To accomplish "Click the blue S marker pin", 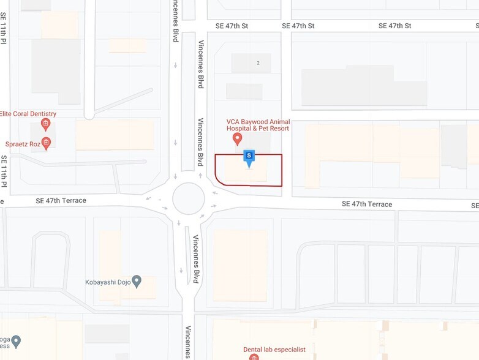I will click(x=249, y=157).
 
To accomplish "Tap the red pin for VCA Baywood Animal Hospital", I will click(x=238, y=139).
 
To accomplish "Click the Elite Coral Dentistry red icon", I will click(x=45, y=124).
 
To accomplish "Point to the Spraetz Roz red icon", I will click(x=45, y=143).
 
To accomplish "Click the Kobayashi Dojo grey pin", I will click(x=137, y=282).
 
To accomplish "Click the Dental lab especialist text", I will click(x=274, y=350).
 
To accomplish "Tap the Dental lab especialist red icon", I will click(x=254, y=357).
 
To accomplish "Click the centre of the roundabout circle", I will click(x=189, y=198).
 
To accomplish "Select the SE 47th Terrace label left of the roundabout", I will click(x=61, y=201).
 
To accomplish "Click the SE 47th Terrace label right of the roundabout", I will click(x=367, y=204).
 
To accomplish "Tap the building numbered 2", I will click(x=258, y=62).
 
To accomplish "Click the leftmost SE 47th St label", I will click(x=232, y=26).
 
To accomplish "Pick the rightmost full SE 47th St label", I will click(x=394, y=26).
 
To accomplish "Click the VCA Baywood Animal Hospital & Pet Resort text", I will click(x=257, y=125).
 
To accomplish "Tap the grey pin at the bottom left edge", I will click(x=17, y=341).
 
